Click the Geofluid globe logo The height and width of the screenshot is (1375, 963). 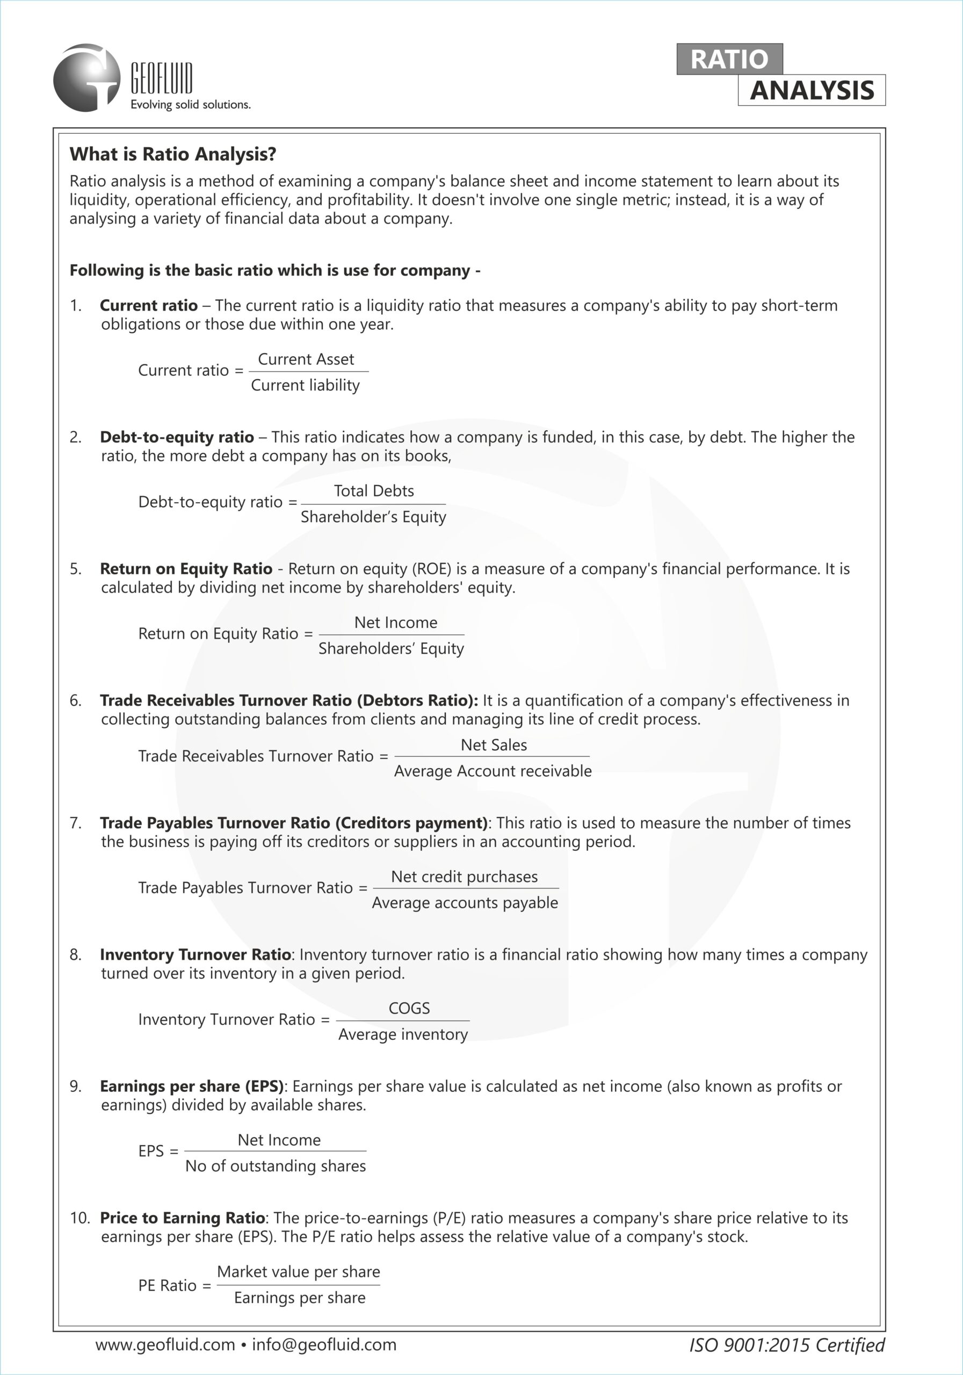point(86,78)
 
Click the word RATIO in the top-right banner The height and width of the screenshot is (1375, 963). point(729,59)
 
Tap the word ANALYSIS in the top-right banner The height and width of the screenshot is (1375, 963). point(812,90)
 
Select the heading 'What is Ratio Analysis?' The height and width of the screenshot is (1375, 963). point(173,155)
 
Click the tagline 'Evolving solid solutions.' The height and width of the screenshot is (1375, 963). point(191,105)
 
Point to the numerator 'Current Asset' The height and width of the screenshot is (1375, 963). point(306,359)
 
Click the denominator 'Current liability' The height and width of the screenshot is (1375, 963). point(306,385)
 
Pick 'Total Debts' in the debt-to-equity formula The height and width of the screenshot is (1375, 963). point(374,491)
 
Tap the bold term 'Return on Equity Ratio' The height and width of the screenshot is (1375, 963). point(186,568)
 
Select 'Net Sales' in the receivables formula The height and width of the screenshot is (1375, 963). point(494,745)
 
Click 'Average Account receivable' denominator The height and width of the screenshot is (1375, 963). point(493,771)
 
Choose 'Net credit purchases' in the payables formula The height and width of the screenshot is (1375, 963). point(464,877)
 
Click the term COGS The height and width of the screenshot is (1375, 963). point(409,1009)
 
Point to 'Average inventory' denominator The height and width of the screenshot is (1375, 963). point(403,1034)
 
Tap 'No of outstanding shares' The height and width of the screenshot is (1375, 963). point(276,1166)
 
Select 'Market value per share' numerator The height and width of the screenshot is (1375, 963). point(298,1271)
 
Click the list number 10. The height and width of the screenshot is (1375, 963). point(79,1218)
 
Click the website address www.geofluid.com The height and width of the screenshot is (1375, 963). point(165,1344)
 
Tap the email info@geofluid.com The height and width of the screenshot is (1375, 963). point(324,1344)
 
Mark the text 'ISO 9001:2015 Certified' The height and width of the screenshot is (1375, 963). point(786,1345)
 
